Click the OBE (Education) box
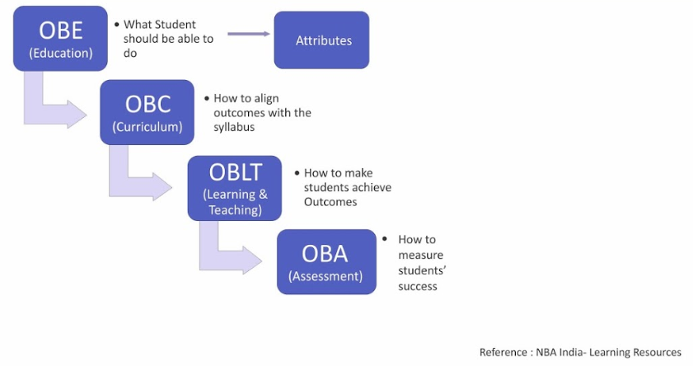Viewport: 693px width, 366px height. pyautogui.click(x=61, y=38)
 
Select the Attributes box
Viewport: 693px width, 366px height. pyautogui.click(x=321, y=40)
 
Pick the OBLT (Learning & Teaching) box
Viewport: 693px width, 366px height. pyautogui.click(x=235, y=188)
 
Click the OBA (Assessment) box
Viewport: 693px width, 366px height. pyautogui.click(x=326, y=261)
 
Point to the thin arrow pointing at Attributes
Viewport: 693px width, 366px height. pyautogui.click(x=249, y=34)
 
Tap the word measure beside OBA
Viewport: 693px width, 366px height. pyautogui.click(x=418, y=256)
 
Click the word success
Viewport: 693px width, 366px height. pyautogui.click(x=418, y=286)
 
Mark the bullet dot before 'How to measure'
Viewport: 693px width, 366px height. pyautogui.click(x=384, y=239)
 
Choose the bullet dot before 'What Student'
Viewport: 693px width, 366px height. pyautogui.click(x=116, y=24)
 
